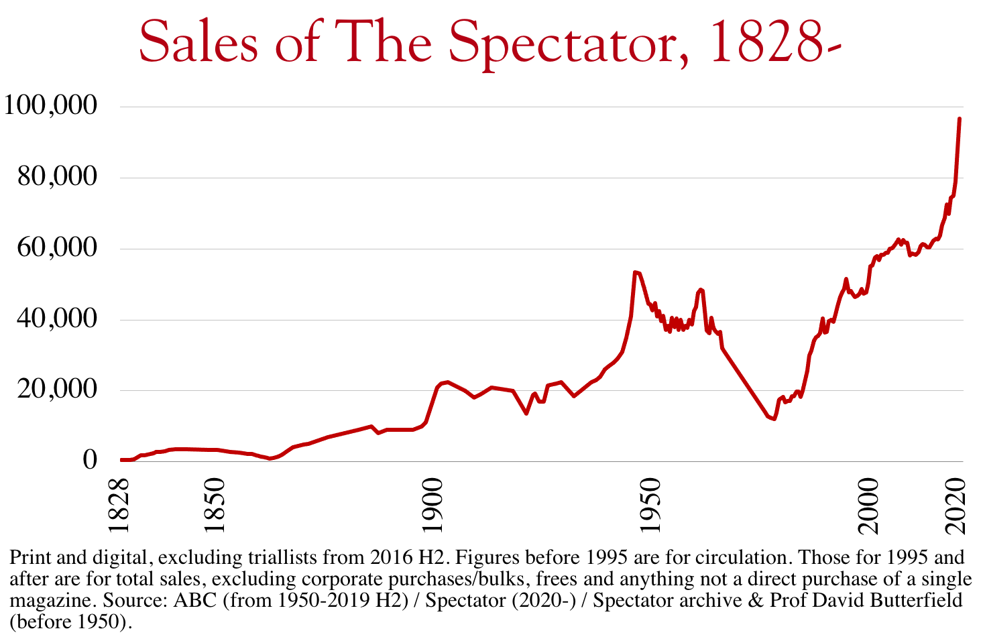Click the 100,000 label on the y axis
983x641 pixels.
click(x=50, y=105)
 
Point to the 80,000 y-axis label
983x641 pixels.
click(x=58, y=177)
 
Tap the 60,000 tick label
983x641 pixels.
click(x=58, y=248)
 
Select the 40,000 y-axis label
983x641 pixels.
click(x=58, y=318)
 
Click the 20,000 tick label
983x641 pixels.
click(x=58, y=390)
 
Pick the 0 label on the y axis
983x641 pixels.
click(x=90, y=460)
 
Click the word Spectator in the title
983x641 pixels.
click(x=569, y=43)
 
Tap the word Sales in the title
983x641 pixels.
click(x=198, y=43)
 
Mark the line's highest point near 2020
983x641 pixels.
click(x=960, y=119)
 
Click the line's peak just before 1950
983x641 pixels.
click(x=634, y=272)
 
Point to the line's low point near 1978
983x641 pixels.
click(x=774, y=419)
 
